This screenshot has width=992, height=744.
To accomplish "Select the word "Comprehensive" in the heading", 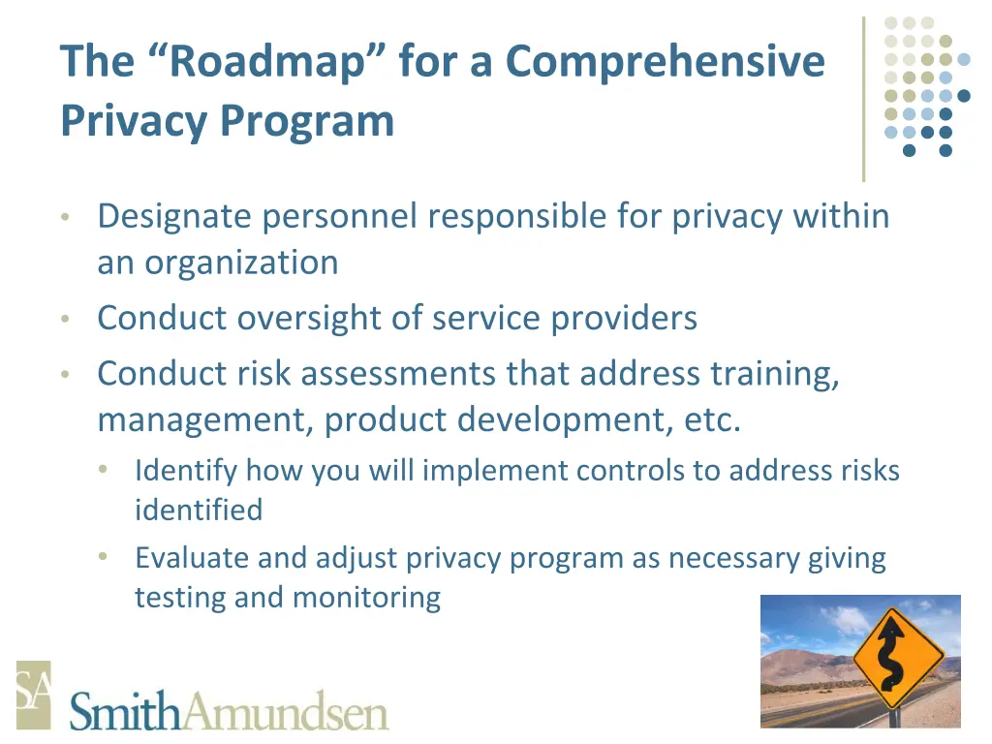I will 665,63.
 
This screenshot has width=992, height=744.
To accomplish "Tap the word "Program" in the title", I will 306,122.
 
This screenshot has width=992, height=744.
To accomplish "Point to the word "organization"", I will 243,263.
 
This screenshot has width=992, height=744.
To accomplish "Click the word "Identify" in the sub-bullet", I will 186,471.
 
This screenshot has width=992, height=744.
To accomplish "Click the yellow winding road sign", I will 898,659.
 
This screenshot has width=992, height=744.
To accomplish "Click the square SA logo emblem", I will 34,695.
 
